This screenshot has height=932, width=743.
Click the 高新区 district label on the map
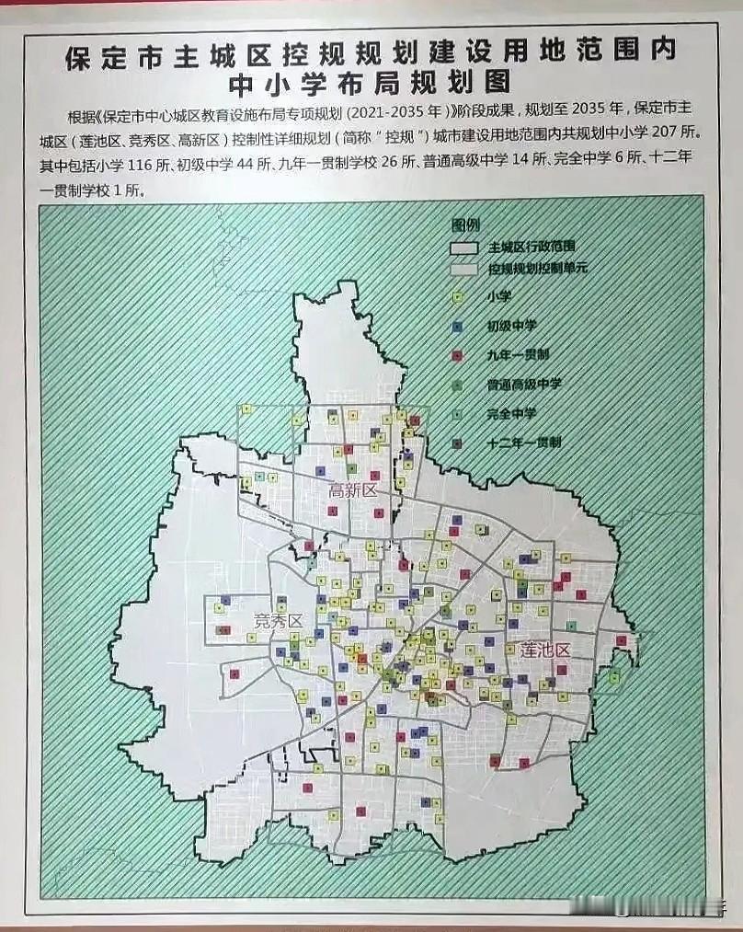point(353,491)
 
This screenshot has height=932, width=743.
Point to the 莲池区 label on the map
point(545,650)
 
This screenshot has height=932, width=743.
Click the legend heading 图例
point(465,224)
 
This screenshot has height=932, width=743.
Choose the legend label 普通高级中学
point(525,384)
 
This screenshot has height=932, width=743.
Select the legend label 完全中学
point(512,413)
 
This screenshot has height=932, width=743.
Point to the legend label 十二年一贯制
point(525,442)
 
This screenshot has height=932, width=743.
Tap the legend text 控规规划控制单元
point(539,270)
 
